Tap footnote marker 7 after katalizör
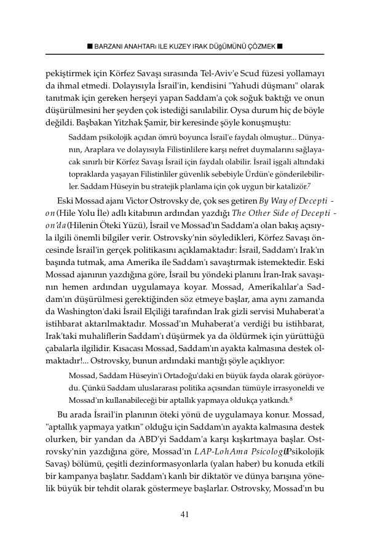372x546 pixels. pos(310,184)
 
